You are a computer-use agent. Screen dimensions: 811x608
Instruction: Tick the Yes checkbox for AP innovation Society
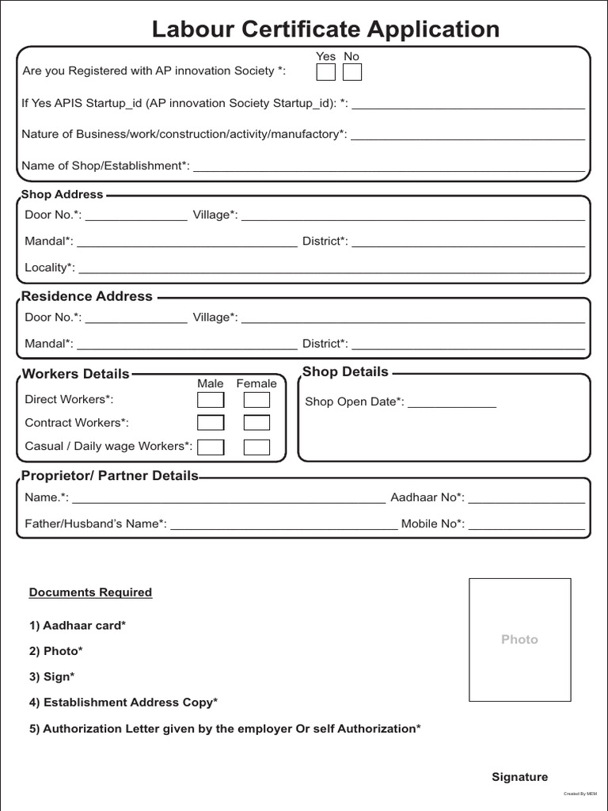point(325,72)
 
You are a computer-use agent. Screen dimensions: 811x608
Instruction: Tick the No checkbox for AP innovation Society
point(351,72)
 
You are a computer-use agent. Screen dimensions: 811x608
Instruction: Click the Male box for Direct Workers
point(211,400)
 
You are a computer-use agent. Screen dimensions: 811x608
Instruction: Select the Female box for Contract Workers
point(256,423)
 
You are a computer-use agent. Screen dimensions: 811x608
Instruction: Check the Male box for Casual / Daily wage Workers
point(211,447)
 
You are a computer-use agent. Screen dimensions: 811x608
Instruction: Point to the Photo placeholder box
point(519,639)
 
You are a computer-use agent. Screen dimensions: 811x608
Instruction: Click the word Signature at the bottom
point(519,777)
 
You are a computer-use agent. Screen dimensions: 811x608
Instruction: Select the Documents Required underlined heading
point(90,592)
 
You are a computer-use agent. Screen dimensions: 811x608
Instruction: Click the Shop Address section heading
point(63,194)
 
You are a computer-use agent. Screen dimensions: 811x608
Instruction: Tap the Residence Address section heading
point(86,296)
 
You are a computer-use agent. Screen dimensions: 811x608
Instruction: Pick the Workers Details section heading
point(75,374)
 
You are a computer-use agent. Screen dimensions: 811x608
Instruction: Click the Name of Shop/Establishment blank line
point(389,168)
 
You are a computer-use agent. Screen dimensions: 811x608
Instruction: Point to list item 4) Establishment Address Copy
point(123,702)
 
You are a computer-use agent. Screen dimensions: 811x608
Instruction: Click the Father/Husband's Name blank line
point(283,526)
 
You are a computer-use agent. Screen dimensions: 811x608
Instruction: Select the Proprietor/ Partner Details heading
point(109,476)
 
